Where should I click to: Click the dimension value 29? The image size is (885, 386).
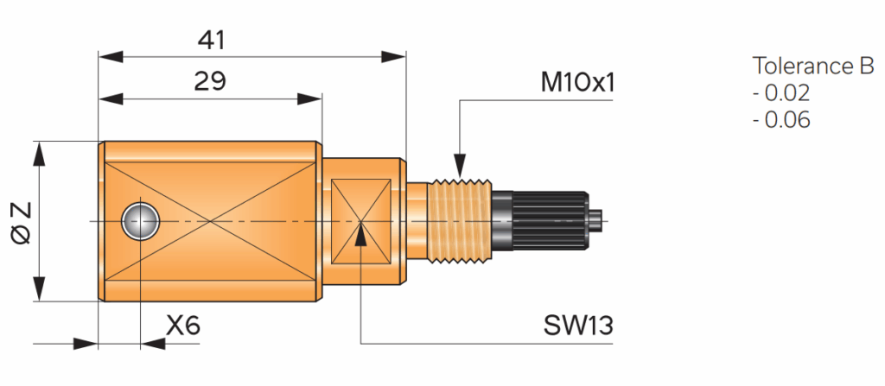pos(209,81)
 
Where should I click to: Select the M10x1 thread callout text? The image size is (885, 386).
pos(577,83)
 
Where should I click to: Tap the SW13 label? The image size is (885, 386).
pos(578,326)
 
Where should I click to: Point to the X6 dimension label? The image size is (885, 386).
pos(183,326)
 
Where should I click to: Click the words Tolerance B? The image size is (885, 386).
pos(813,66)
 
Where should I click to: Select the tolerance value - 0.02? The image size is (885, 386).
pos(781,93)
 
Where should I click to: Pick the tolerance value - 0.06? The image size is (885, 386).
pos(781,120)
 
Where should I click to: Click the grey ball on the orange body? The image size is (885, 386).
pos(139,221)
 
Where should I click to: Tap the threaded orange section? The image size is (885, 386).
pos(460,221)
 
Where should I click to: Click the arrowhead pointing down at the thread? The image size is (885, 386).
pos(460,166)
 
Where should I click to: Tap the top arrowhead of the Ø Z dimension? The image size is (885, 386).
pos(38,152)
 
